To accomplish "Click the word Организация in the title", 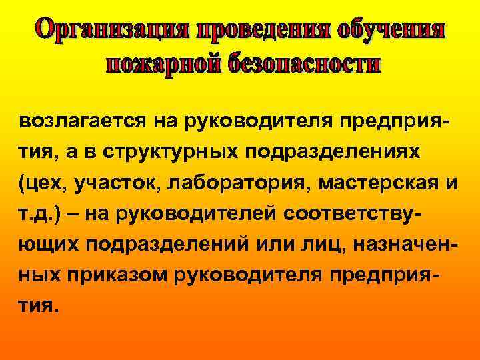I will click(x=114, y=30).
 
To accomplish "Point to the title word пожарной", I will click(x=163, y=64).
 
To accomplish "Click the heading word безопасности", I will click(x=304, y=64).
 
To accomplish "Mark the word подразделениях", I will click(x=333, y=153).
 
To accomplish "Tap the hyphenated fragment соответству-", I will click(x=347, y=213).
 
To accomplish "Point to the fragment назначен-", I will click(x=406, y=243).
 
